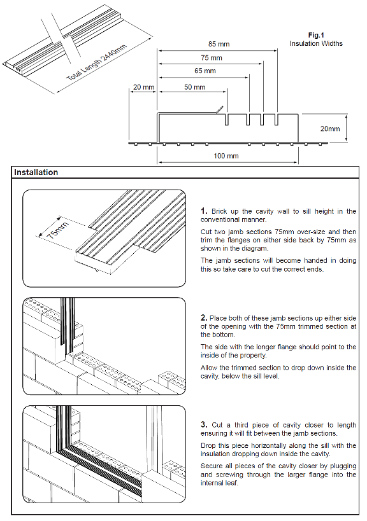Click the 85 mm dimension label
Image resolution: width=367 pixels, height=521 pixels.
[219, 44]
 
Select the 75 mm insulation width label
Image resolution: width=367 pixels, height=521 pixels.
[212, 58]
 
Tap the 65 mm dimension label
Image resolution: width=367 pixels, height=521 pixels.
[205, 71]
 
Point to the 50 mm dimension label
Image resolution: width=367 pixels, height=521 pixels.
[194, 87]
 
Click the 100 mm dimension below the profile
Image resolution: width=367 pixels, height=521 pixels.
[226, 156]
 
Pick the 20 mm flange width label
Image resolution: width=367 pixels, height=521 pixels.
[144, 87]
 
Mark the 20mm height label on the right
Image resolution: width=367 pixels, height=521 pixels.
[330, 129]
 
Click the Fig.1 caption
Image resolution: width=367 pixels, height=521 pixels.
[316, 35]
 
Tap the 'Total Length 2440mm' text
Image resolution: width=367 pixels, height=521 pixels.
[97, 63]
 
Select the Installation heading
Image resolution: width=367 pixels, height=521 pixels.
[36, 172]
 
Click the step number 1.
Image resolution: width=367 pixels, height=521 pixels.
[204, 211]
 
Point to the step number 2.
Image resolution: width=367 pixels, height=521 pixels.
[204, 317]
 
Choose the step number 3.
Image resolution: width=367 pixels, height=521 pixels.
[204, 425]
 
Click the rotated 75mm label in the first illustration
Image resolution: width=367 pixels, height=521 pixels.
[57, 230]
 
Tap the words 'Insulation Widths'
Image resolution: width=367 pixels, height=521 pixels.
[316, 43]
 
